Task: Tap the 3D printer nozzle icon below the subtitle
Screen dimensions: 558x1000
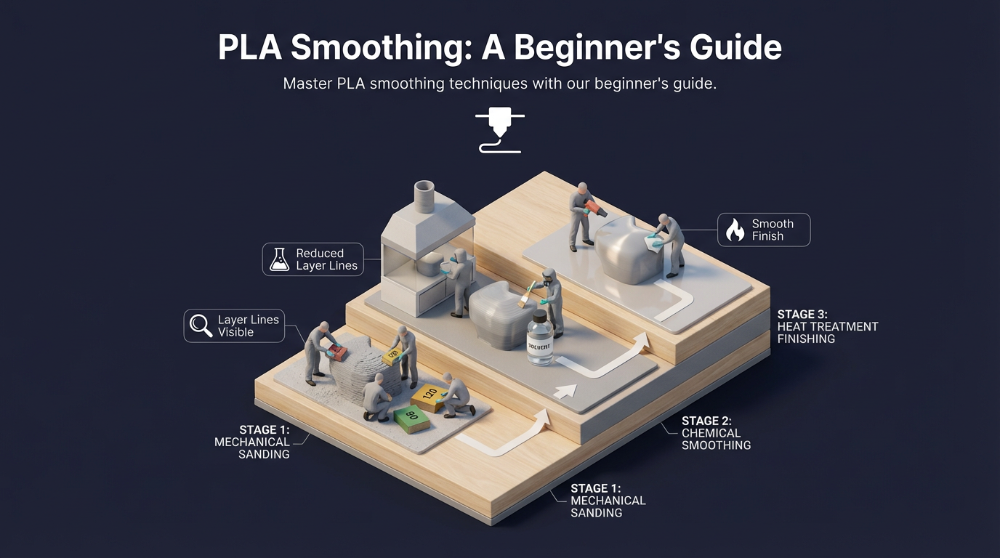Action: point(499,131)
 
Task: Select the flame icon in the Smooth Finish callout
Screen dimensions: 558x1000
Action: point(735,230)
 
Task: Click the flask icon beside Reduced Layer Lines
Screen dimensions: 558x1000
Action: point(279,259)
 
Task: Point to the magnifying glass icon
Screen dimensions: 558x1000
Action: point(201,325)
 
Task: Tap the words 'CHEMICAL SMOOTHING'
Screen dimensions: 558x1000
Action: point(716,439)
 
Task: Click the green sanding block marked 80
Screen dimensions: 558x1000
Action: point(412,418)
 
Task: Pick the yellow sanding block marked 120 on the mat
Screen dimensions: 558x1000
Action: point(428,395)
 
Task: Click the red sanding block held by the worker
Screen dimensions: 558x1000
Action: point(336,353)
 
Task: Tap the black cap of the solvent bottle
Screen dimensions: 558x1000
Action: point(539,318)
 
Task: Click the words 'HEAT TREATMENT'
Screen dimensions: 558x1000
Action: point(828,327)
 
